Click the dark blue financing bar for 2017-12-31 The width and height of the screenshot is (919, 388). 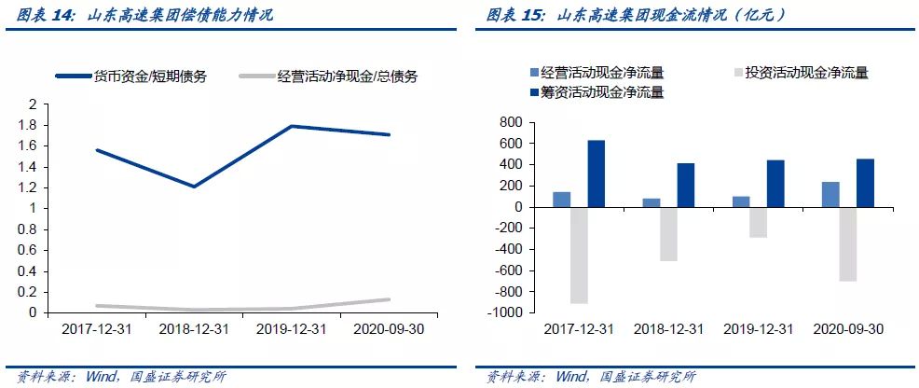pyautogui.click(x=596, y=173)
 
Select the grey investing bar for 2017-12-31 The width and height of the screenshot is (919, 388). pyautogui.click(x=578, y=255)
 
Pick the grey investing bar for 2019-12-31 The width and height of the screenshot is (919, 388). pyautogui.click(x=757, y=222)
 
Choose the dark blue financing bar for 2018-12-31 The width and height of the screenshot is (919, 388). pyautogui.click(x=686, y=185)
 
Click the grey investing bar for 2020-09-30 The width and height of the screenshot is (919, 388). pyautogui.click(x=848, y=243)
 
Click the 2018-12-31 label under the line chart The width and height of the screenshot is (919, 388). pyautogui.click(x=194, y=329)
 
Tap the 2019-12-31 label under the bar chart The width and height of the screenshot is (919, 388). pyautogui.click(x=758, y=329)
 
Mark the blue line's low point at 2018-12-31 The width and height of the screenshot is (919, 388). pyautogui.click(x=194, y=187)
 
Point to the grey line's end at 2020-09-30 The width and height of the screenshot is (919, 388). pyautogui.click(x=389, y=299)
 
